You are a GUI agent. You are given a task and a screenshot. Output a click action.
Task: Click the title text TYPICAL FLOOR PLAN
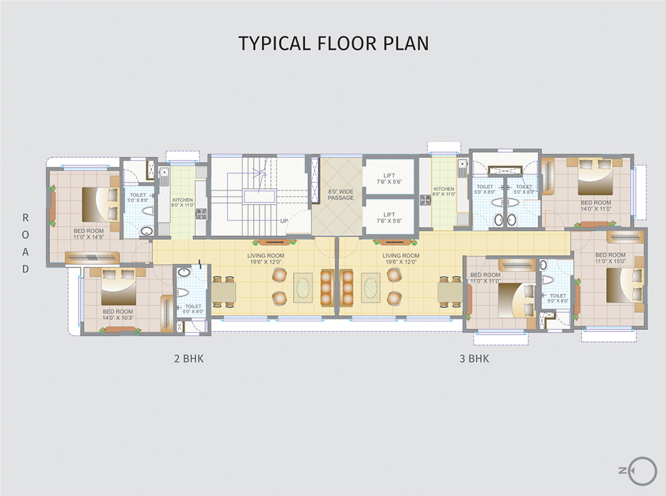coord(333,43)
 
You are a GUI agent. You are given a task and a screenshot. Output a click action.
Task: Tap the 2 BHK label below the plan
coord(188,359)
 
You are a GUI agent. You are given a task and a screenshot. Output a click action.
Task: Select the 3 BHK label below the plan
coord(474,359)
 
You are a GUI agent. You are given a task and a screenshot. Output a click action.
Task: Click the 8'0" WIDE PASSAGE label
coord(340,195)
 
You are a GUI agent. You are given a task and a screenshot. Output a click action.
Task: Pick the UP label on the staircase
coord(284,221)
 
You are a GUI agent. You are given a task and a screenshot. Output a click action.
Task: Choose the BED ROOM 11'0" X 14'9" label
coord(89,233)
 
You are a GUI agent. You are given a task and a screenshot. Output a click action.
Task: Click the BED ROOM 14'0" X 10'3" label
coord(118,315)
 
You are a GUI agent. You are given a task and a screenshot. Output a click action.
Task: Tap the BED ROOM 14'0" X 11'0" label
coord(595,205)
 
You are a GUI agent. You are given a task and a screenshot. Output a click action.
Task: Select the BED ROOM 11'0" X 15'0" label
coord(610,258)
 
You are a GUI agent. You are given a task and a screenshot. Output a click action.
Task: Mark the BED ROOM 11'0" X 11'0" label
coord(485,278)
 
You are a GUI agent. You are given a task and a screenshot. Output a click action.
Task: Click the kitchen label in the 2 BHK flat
coord(182,203)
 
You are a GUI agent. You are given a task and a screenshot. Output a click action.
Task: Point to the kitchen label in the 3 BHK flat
coord(444,192)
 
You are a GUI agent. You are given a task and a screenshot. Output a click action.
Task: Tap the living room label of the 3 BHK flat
coord(401,259)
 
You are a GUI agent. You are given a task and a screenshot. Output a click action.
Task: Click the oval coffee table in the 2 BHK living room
coord(302,287)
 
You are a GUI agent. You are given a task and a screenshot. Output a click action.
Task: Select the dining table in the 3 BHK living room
coord(450,291)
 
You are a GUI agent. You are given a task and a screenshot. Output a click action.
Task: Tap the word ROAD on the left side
coord(25,243)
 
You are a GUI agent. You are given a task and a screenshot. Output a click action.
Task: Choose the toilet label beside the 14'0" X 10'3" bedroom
coord(192,309)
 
